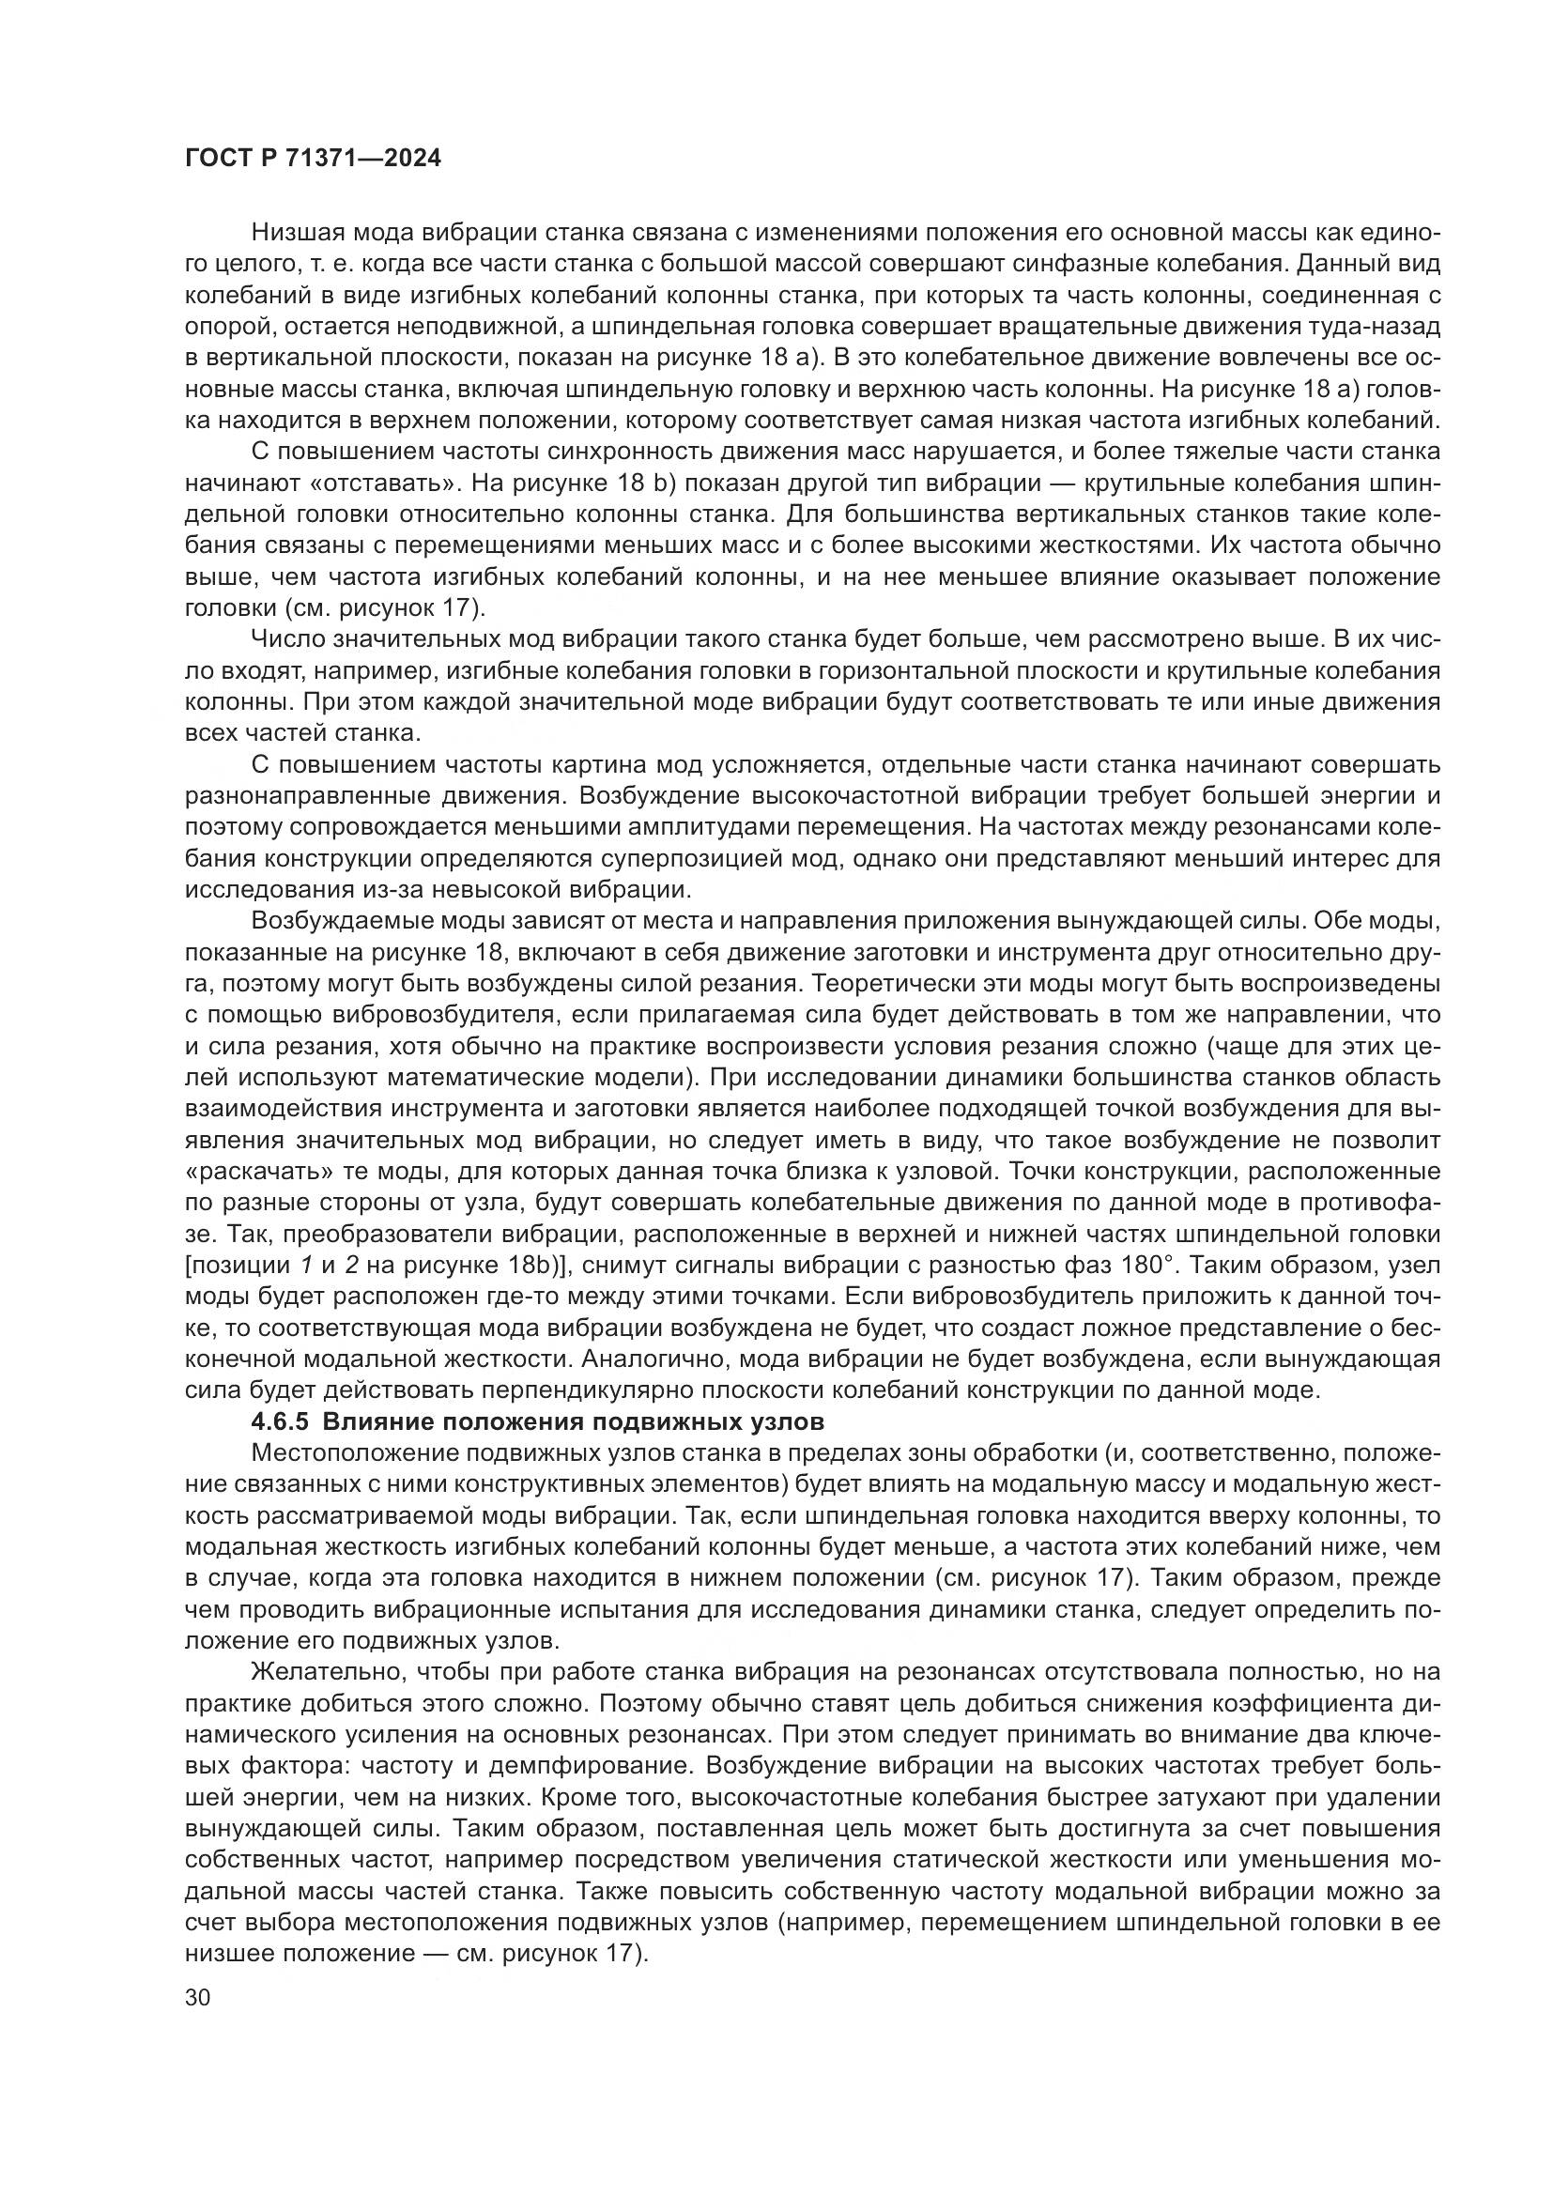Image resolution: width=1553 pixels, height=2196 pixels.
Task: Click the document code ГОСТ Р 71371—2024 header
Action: [x=312, y=159]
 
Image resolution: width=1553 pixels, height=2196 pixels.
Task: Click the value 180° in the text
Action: [x=1140, y=1266]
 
